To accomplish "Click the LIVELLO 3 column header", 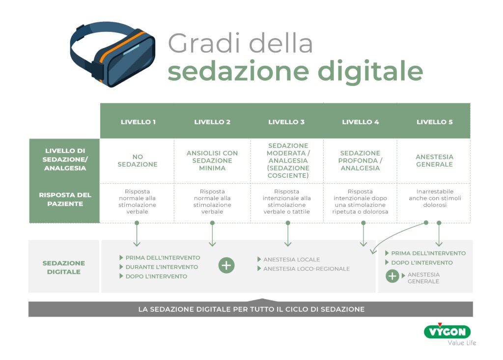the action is tap(286, 122).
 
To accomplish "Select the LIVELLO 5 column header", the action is tap(434, 122).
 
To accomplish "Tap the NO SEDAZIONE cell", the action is tap(138, 161).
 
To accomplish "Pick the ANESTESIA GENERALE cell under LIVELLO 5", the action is tap(434, 161).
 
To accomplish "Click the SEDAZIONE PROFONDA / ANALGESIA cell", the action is tap(360, 161).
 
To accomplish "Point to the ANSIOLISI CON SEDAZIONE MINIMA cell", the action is tap(212, 161).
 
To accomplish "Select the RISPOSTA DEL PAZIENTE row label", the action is tap(65, 199).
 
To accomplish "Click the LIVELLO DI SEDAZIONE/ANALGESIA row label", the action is tap(65, 159).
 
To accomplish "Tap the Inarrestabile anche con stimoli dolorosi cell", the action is tap(435, 198).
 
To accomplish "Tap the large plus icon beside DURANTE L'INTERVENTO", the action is tap(226, 265).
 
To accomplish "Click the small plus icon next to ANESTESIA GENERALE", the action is tap(392, 276).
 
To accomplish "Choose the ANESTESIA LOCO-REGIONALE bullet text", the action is tap(307, 269).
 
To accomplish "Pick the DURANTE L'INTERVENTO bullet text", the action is tap(162, 267).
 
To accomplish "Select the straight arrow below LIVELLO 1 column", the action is tap(137, 234).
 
